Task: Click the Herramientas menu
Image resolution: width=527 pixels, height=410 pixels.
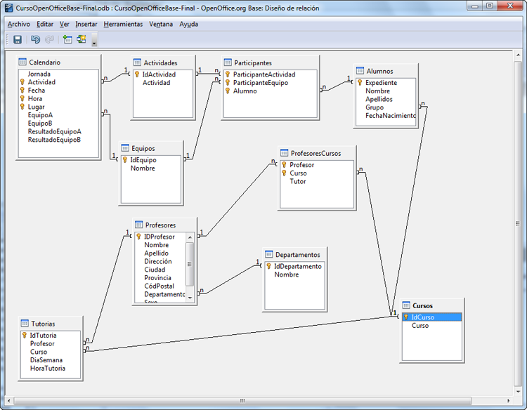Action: coord(123,24)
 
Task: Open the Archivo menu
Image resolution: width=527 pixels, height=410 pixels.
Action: coord(19,24)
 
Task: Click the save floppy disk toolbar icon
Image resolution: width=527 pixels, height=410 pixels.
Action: coord(18,39)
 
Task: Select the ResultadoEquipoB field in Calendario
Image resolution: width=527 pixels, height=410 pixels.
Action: coord(54,140)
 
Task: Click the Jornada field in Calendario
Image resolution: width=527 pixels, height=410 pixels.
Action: coord(39,74)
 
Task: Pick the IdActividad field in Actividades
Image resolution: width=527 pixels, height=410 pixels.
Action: coord(159,74)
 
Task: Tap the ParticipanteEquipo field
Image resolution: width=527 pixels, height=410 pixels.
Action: coord(261,83)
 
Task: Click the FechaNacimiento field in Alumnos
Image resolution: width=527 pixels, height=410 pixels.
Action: coord(391,116)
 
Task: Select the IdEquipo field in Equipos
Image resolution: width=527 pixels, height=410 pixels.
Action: coord(143,160)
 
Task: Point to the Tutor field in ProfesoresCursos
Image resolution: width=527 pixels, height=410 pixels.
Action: coord(298,181)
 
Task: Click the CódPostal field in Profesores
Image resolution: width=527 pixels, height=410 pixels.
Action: coord(159,286)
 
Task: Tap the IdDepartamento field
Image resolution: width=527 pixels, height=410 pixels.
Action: coord(298,266)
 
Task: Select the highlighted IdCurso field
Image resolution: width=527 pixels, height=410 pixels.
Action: coord(423,317)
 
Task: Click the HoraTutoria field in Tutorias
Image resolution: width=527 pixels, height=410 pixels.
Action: coord(48,369)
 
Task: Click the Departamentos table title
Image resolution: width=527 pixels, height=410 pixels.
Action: coord(298,255)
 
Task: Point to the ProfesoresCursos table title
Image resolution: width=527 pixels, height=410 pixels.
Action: coord(316,154)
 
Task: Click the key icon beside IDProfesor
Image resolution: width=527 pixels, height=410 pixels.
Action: coord(138,237)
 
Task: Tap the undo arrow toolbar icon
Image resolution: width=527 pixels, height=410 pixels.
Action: coord(35,39)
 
